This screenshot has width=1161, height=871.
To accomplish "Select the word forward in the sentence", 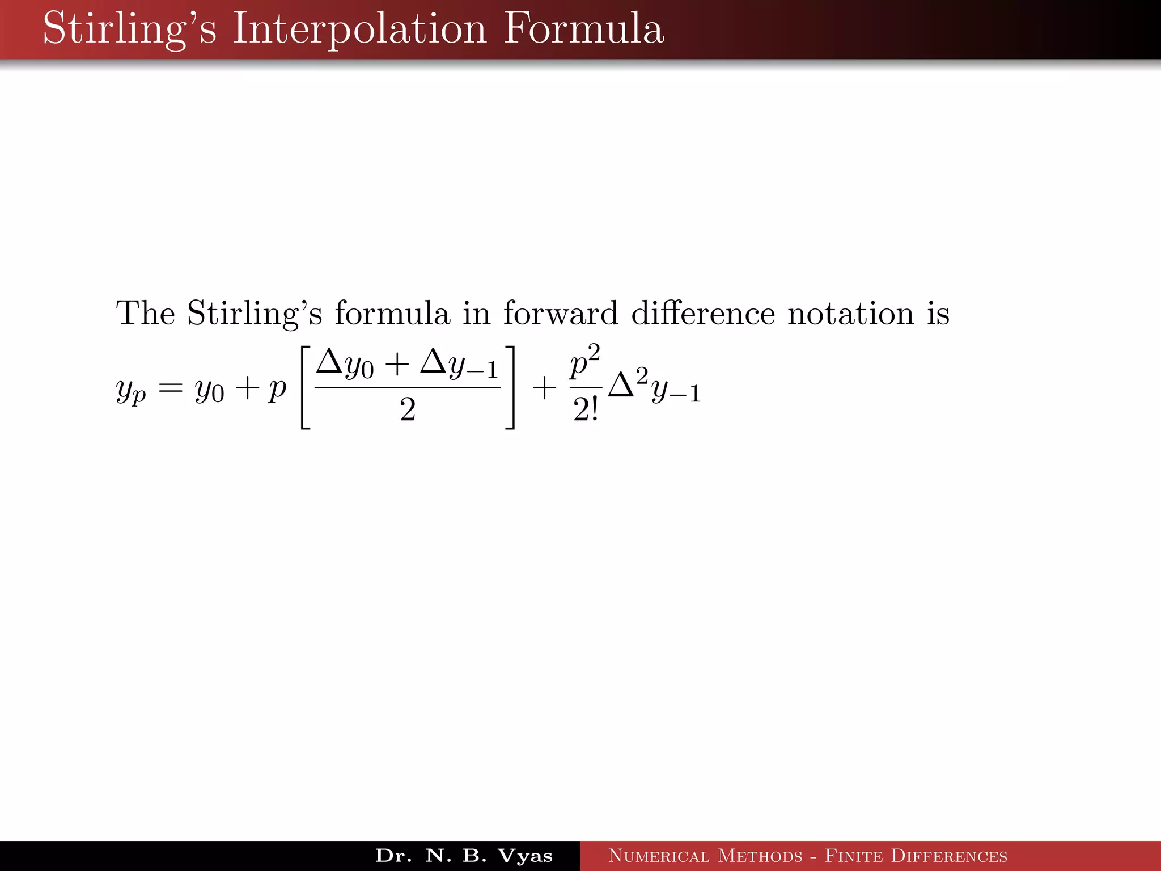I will click(x=560, y=313).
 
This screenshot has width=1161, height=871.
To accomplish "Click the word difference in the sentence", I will click(x=703, y=313).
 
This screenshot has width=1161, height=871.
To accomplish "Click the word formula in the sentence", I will click(x=392, y=313).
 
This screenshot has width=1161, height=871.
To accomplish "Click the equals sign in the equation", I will click(x=171, y=389).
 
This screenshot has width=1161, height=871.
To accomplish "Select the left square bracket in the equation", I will click(x=305, y=388).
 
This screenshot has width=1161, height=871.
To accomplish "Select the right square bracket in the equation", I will click(x=510, y=388).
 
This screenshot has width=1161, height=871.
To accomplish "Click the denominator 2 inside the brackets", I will click(x=408, y=409).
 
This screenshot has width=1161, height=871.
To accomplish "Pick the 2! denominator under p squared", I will click(x=585, y=411).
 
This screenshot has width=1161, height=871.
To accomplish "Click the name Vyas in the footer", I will click(x=524, y=856).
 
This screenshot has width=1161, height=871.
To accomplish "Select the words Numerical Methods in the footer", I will click(x=705, y=856).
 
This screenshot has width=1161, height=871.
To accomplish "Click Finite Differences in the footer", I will click(x=916, y=856).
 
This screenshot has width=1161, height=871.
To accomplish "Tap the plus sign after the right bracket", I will click(x=544, y=389).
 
